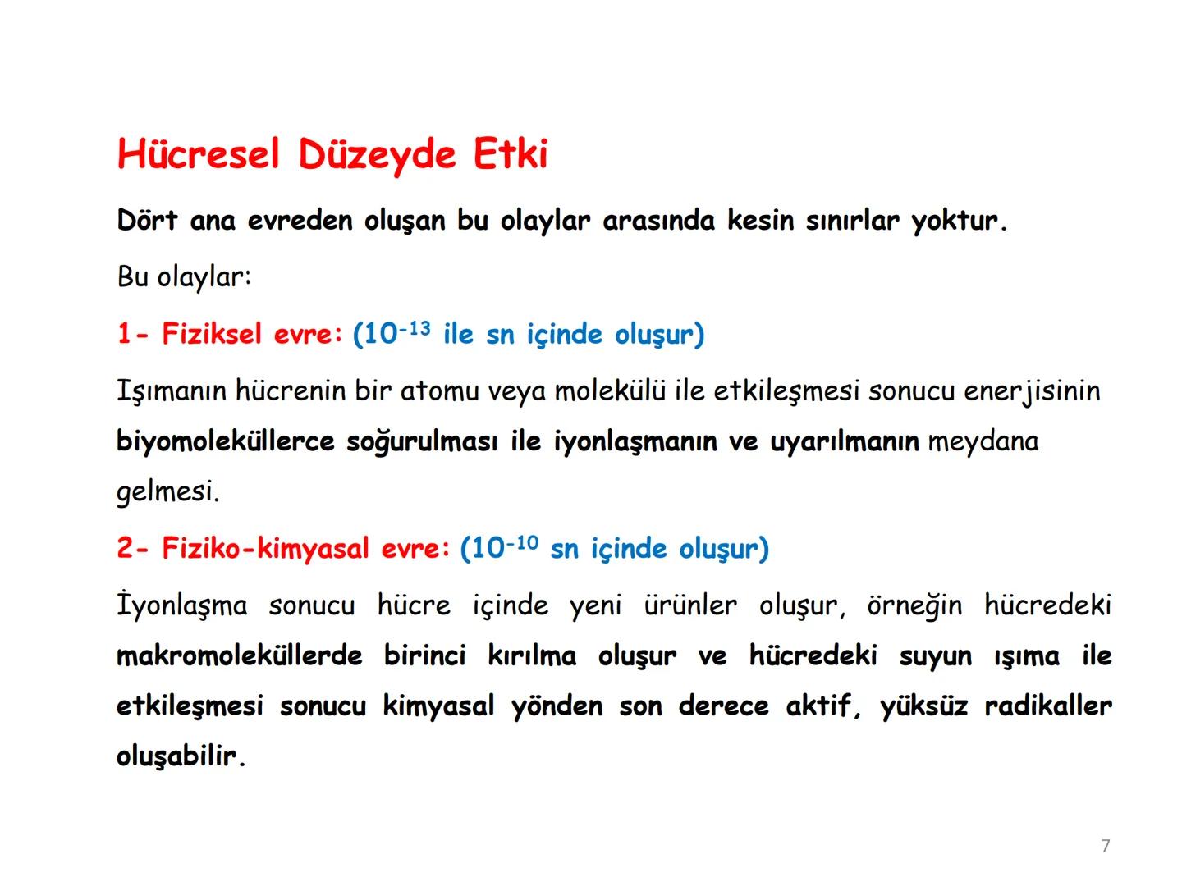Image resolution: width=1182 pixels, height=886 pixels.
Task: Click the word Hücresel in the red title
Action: coord(199,154)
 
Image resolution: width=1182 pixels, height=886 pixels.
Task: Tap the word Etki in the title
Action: coord(510,154)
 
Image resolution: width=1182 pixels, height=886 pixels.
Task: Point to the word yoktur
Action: coord(958,221)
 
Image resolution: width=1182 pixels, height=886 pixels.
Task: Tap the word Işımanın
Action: coord(171,390)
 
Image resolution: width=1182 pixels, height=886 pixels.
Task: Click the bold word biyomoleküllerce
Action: coord(226,441)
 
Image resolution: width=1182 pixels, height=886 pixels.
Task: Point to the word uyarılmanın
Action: coord(844,441)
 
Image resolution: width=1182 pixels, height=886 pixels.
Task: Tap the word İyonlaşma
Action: coord(181,605)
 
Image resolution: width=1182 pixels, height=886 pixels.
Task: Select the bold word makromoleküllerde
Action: coord(239,655)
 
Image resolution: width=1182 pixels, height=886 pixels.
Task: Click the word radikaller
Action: coord(1048,706)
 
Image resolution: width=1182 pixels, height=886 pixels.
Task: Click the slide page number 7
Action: coord(1106,846)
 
